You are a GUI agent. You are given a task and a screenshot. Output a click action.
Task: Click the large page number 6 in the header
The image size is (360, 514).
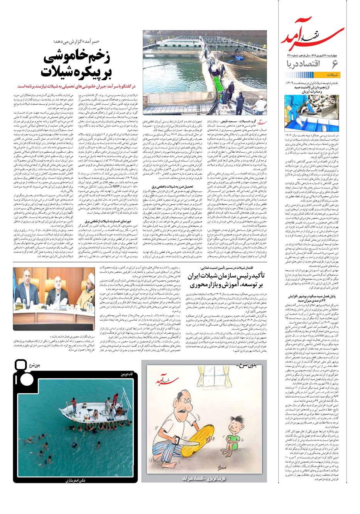(x=335, y=63)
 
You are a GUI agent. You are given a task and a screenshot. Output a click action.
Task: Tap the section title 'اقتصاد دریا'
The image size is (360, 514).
(x=302, y=64)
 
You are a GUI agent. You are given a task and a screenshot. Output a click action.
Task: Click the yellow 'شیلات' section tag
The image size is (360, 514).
(x=331, y=75)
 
